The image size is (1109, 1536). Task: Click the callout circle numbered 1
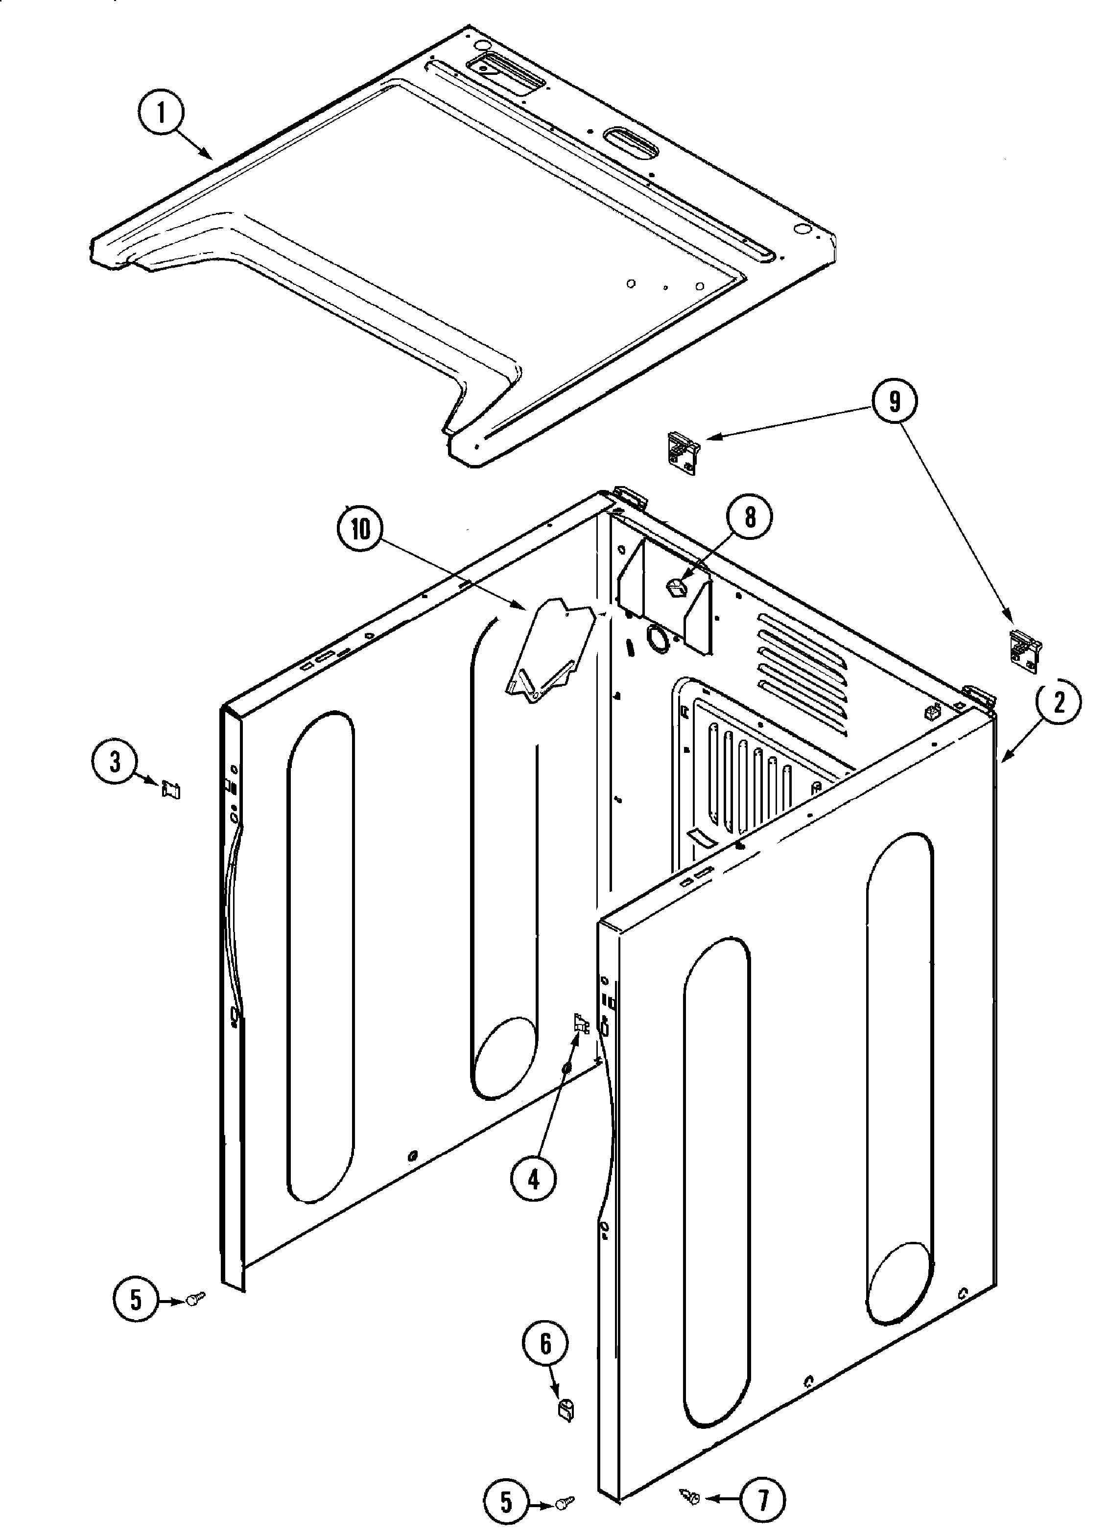pyautogui.click(x=161, y=113)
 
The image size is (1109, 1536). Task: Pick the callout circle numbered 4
pyautogui.click(x=534, y=1181)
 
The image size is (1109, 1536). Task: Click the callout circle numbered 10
pyautogui.click(x=360, y=529)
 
